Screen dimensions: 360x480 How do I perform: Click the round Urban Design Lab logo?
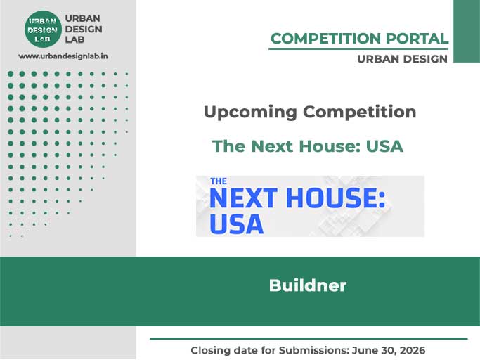(x=43, y=29)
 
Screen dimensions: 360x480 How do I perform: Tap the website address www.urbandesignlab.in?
(x=67, y=56)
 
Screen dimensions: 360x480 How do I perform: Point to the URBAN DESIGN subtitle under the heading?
(x=402, y=59)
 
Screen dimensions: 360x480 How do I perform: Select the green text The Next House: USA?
(x=308, y=146)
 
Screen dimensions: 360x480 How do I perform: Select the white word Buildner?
(x=308, y=285)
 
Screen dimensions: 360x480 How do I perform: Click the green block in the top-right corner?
(x=466, y=31)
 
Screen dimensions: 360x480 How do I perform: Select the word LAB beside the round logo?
(x=74, y=40)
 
